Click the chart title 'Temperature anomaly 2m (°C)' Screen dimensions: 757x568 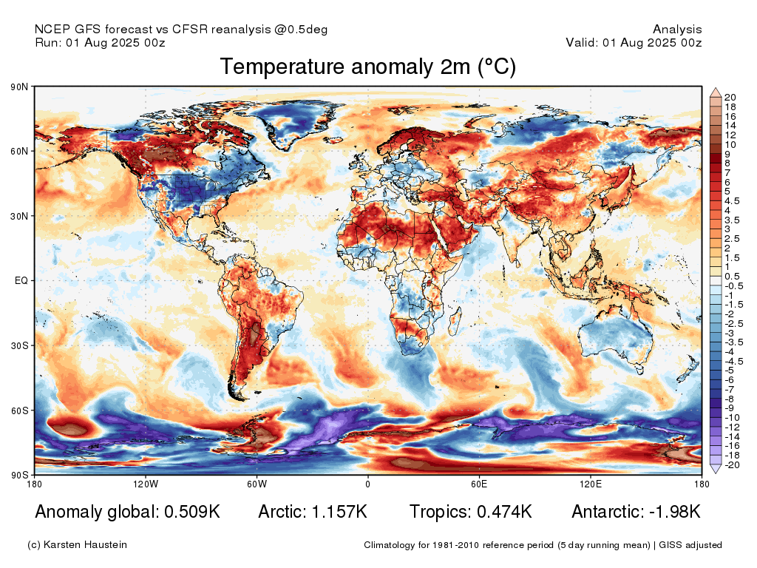pyautogui.click(x=368, y=67)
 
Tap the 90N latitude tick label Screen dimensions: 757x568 pyautogui.click(x=19, y=87)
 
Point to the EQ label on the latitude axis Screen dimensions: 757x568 pyautogui.click(x=21, y=280)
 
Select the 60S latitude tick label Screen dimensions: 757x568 pyautogui.click(x=19, y=410)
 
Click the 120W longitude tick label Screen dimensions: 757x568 pyautogui.click(x=146, y=484)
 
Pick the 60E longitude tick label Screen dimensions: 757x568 pyautogui.click(x=479, y=484)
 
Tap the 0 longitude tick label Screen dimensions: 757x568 pyautogui.click(x=368, y=484)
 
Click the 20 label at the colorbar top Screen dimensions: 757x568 pyautogui.click(x=730, y=97)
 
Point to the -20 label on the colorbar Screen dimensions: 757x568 pyautogui.click(x=732, y=465)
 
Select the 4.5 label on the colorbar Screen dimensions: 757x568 pyautogui.click(x=732, y=201)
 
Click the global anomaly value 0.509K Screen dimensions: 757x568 pyautogui.click(x=192, y=512)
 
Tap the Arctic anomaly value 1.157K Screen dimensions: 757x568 pyautogui.click(x=339, y=512)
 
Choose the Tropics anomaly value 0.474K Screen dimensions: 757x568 pyautogui.click(x=504, y=512)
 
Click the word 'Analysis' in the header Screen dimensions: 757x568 pyautogui.click(x=677, y=30)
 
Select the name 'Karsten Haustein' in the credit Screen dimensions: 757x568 pyautogui.click(x=85, y=545)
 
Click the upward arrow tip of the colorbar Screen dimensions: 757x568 pyautogui.click(x=716, y=89)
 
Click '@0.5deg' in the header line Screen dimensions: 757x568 pyautogui.click(x=301, y=30)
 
